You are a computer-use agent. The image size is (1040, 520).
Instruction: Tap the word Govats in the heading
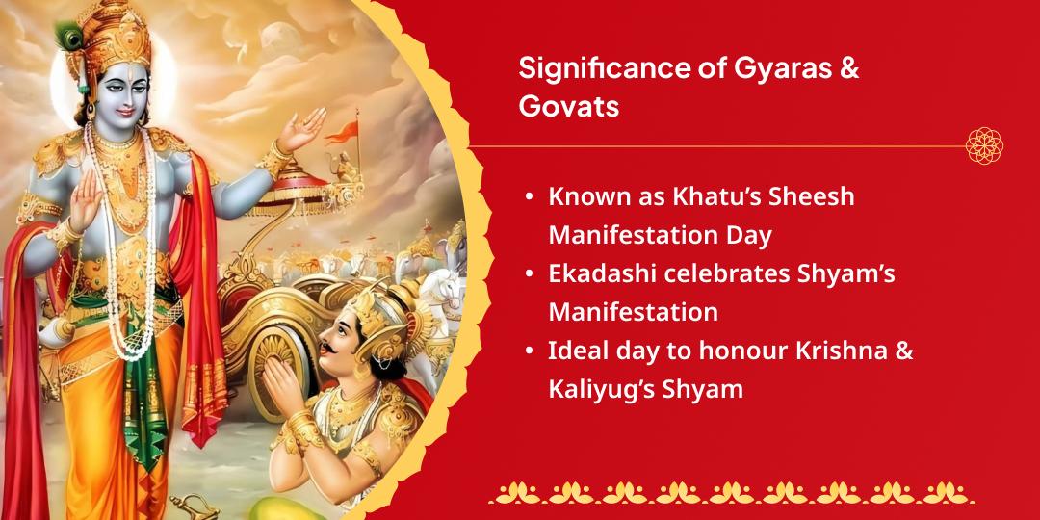pos(569,106)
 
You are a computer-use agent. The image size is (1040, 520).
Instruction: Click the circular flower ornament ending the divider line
pos(984,145)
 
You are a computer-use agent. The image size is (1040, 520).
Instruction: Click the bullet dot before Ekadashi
pos(529,274)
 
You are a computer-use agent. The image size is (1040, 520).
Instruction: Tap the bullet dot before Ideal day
pos(529,351)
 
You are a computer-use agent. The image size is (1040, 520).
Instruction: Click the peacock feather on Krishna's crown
pos(68,38)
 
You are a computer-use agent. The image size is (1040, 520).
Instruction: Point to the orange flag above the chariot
pos(342,133)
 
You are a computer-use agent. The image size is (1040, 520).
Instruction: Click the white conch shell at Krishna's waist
pos(57,331)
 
